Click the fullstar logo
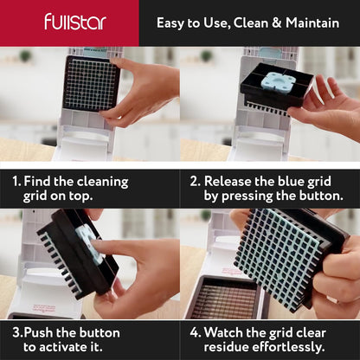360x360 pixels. click(x=75, y=22)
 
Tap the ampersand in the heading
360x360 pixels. click(x=276, y=23)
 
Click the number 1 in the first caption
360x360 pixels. click(x=16, y=182)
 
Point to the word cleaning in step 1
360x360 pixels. click(x=102, y=183)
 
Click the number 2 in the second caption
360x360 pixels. click(x=195, y=182)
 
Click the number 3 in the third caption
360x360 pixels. click(x=17, y=332)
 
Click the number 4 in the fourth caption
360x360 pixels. click(x=195, y=332)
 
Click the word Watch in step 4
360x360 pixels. click(x=223, y=332)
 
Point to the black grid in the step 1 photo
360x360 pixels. click(x=91, y=84)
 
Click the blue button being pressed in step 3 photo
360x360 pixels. click(x=87, y=244)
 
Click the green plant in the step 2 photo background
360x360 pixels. click(x=206, y=55)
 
